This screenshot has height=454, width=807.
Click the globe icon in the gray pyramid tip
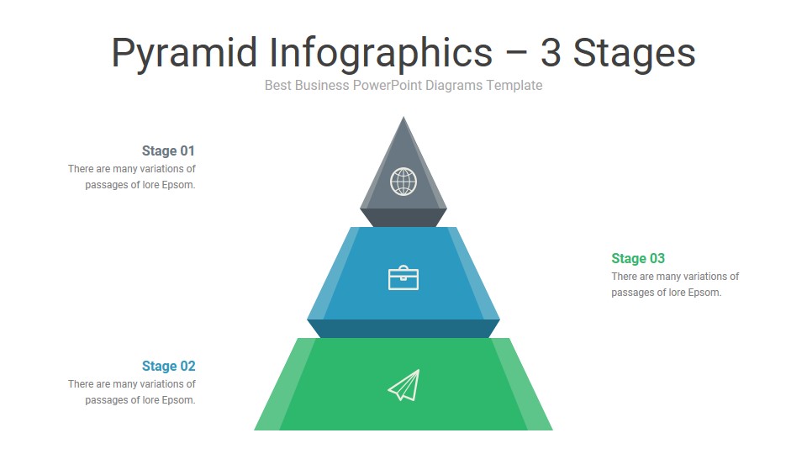coord(403,181)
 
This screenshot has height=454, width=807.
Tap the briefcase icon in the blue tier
coord(403,277)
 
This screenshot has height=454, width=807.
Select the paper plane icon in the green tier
coord(403,385)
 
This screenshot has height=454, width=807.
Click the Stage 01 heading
coord(168,151)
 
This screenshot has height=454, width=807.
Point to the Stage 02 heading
coord(168,367)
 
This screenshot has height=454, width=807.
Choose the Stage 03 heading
coord(638,259)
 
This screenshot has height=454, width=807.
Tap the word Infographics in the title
coord(380,54)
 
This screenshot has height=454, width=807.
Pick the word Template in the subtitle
coord(514,86)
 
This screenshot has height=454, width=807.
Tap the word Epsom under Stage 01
coord(178,186)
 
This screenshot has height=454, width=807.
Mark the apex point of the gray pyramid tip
coord(403,118)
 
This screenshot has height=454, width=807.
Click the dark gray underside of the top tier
coord(403,218)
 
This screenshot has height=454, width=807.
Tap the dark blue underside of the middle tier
coord(403,329)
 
